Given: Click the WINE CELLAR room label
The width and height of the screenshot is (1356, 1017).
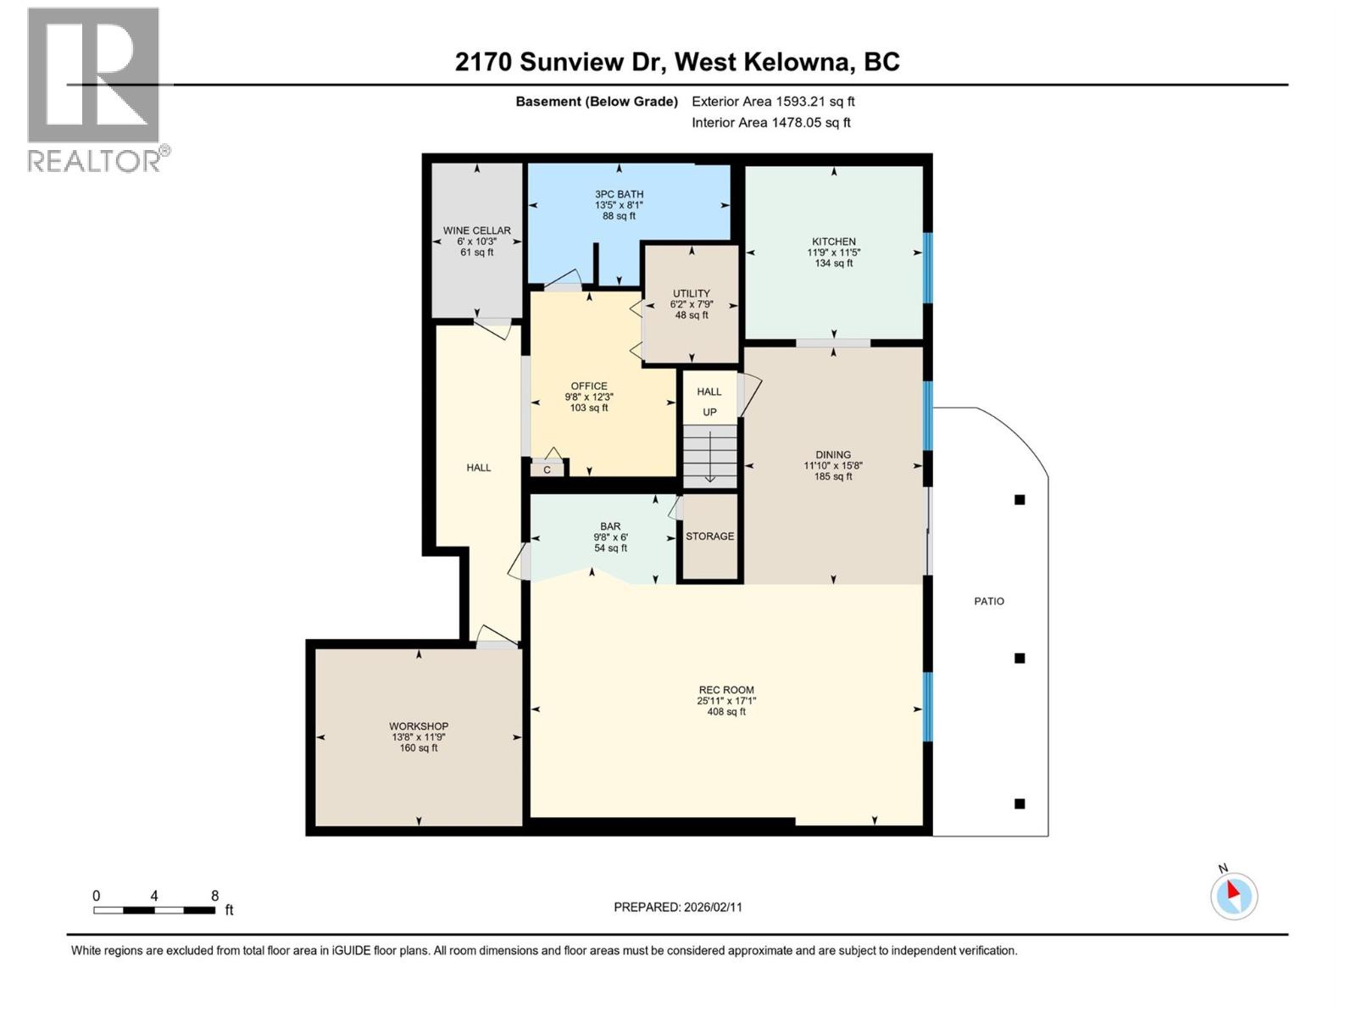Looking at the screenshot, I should point(476,231).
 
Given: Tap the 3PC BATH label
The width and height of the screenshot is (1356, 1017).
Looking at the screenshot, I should point(619,194).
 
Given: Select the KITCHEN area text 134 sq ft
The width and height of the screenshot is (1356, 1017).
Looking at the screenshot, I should point(833,264).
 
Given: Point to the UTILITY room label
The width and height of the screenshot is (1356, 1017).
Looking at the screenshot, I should point(692,293).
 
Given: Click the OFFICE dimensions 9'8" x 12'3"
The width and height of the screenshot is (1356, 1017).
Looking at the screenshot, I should point(589,397).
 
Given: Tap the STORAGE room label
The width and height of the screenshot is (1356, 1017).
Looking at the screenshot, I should point(709,536).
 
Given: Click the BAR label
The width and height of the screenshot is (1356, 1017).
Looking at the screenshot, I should point(610,526).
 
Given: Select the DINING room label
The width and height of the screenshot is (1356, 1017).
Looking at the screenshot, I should point(833,455).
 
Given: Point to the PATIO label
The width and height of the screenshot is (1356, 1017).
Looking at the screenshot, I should point(989,601).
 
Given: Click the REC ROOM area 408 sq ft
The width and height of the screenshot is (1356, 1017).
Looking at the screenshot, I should point(726,712).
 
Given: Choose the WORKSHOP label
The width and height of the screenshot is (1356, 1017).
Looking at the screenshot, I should point(419,726).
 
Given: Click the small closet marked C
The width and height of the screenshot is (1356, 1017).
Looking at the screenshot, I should point(547,470).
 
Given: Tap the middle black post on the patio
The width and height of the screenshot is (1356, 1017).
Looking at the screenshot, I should point(1020,658).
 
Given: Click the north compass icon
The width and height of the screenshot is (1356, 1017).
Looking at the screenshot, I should point(1234,896).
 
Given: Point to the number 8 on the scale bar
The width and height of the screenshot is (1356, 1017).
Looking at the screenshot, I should point(214,896).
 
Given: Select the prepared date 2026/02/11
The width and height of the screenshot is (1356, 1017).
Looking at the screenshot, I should point(711,907).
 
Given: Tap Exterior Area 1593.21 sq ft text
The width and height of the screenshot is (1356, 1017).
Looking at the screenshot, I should point(773,102).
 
